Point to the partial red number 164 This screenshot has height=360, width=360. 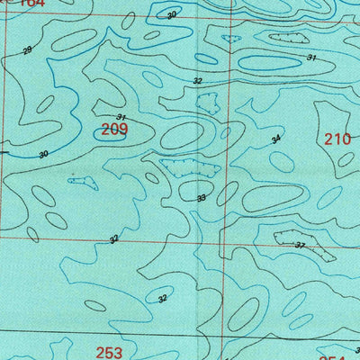(30, 4)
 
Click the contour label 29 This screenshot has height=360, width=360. (26, 49)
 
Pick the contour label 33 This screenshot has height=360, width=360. (201, 198)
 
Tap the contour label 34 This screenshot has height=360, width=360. (276, 139)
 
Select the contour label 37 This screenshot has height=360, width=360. (300, 245)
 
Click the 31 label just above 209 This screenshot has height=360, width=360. (121, 118)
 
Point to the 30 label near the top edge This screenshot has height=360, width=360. (172, 15)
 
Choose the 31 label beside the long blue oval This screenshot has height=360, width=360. (311, 58)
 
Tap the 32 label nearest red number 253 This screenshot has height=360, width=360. (162, 299)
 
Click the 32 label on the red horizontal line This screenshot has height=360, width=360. (113, 239)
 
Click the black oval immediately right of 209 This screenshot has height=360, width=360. (184, 135)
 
